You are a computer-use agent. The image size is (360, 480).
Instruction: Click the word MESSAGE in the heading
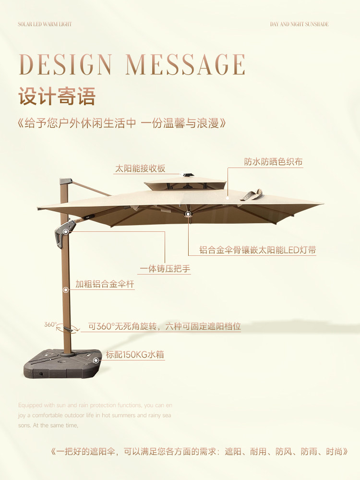point(186,65)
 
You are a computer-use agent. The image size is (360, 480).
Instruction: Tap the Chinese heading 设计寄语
point(57,96)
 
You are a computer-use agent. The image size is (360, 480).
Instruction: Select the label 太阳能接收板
point(140,168)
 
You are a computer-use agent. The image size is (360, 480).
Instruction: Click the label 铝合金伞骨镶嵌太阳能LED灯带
point(258,250)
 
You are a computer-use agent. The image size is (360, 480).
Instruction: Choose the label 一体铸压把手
point(165,269)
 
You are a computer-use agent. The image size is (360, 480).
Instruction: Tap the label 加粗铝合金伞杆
point(105,284)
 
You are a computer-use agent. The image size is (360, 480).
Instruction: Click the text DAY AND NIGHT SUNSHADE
point(300,24)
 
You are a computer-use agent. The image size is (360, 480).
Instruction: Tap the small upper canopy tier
point(185,183)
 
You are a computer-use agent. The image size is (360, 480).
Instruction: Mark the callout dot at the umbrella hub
point(188,214)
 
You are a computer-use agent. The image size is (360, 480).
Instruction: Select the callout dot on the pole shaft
point(66,290)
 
